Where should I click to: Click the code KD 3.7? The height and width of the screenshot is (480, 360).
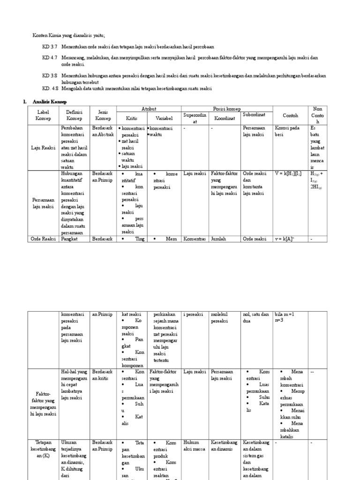point(49,47)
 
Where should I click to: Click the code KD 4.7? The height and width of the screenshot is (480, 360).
point(49,58)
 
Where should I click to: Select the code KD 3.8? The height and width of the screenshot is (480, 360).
point(49,75)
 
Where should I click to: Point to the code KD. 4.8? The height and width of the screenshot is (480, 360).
point(50,88)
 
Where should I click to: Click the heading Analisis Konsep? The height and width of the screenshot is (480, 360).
point(50,102)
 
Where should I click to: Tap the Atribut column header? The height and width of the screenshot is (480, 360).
point(149,109)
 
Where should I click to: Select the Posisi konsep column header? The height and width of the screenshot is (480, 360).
point(227,109)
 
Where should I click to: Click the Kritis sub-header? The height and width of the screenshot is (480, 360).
point(132,118)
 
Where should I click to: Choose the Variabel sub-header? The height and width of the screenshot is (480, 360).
point(164,118)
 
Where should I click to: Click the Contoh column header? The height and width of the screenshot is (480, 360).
point(290,115)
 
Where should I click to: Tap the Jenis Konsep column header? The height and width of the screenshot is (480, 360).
point(104,115)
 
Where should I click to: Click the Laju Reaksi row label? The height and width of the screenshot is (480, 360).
point(44,148)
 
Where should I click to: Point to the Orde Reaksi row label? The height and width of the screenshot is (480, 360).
point(44,239)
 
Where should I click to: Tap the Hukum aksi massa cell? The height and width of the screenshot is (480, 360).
point(194,446)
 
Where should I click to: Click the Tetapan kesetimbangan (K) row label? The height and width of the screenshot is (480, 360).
point(44,449)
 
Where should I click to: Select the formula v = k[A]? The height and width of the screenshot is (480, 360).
point(284,239)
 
